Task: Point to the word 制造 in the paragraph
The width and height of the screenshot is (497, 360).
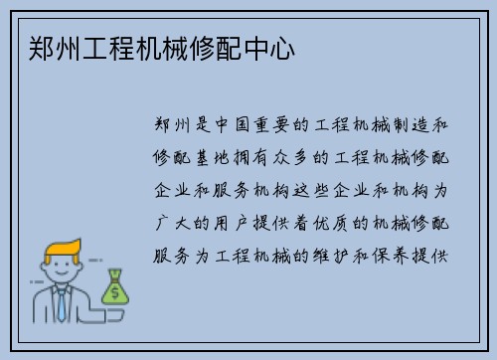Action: point(410,126)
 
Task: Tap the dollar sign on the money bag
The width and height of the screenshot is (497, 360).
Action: point(115,291)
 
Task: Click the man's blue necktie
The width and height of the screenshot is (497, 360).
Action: point(62,304)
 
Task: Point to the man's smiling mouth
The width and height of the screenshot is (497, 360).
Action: point(61,280)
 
